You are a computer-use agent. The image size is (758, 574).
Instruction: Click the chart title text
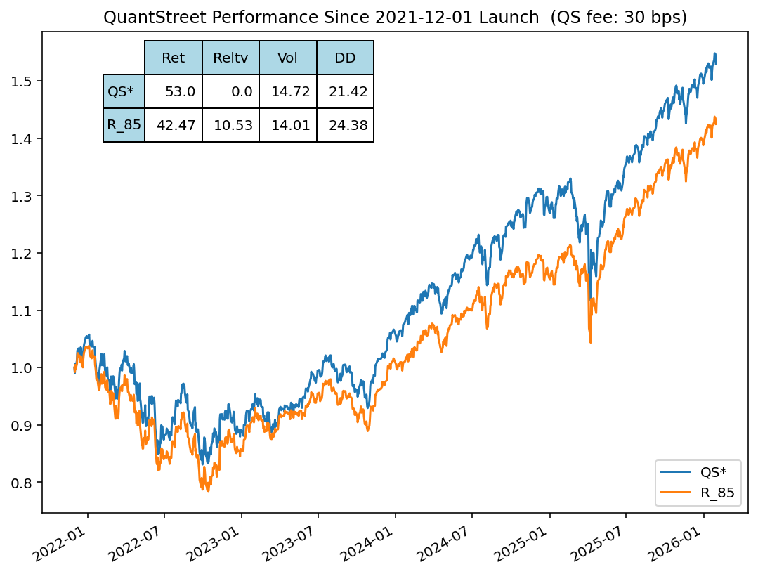click(x=395, y=18)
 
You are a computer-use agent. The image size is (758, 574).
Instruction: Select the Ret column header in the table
click(x=173, y=58)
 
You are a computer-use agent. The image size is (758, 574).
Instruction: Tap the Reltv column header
click(x=230, y=58)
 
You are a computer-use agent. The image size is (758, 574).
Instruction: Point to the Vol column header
click(x=287, y=58)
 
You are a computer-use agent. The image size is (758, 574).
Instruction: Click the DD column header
click(x=345, y=58)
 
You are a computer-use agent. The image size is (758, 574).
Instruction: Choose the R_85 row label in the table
click(x=124, y=126)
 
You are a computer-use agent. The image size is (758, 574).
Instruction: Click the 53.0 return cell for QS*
click(x=173, y=92)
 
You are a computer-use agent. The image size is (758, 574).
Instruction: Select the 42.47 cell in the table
click(x=173, y=126)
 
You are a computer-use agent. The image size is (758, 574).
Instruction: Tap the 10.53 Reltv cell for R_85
click(x=230, y=126)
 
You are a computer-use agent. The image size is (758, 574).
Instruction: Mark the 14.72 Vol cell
click(x=287, y=92)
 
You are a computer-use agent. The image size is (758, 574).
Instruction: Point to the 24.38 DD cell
click(x=345, y=126)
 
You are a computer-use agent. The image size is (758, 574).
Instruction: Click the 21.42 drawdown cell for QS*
click(x=345, y=92)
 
